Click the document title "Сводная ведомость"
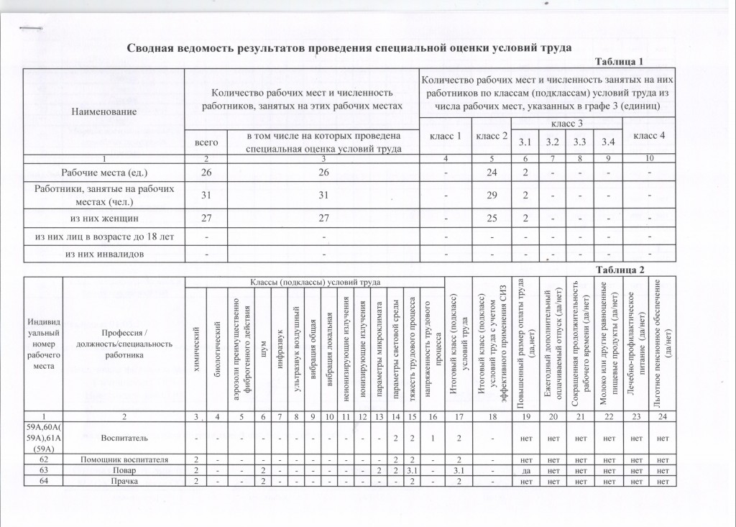[349, 48]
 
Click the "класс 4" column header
[650, 135]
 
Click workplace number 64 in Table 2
[43, 480]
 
